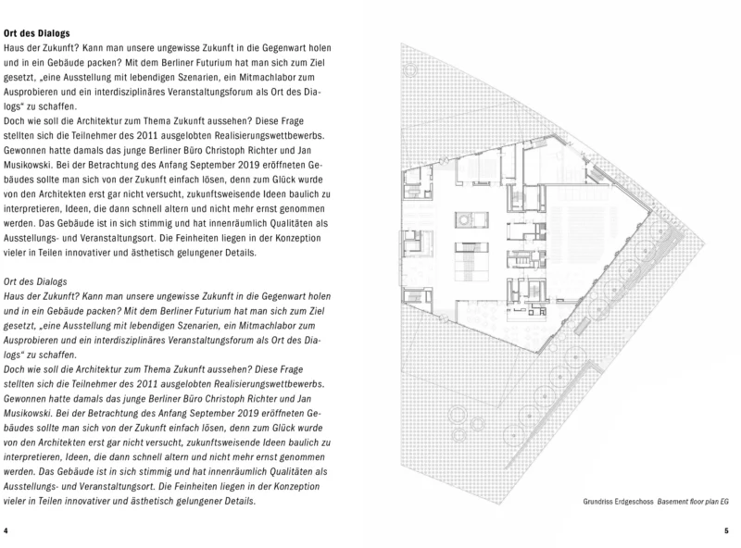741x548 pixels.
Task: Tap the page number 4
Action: point(6,531)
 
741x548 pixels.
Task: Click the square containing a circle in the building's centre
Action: point(464,220)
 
